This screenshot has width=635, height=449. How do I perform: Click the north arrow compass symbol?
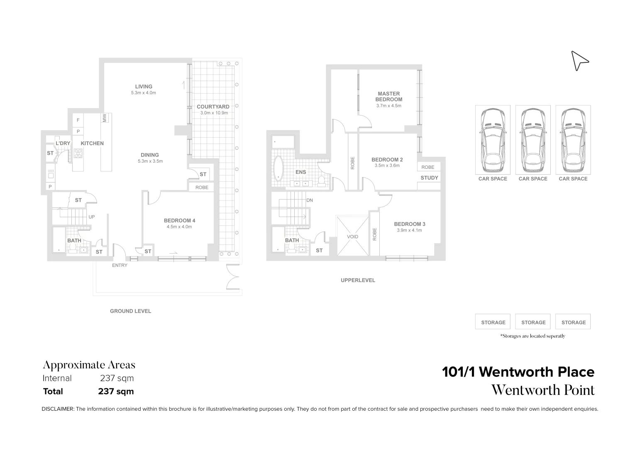pyautogui.click(x=579, y=61)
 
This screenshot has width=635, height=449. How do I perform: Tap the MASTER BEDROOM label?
pyautogui.click(x=388, y=96)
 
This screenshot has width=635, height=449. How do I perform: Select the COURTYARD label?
pyautogui.click(x=213, y=107)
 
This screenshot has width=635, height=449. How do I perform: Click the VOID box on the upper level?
pyautogui.click(x=352, y=237)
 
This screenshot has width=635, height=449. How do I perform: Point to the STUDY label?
pyautogui.click(x=429, y=178)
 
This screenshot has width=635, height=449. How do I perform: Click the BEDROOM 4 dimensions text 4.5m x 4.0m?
pyautogui.click(x=179, y=227)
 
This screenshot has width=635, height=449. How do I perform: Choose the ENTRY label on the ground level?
pyautogui.click(x=120, y=265)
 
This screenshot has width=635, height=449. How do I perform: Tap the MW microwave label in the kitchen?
pyautogui.click(x=105, y=118)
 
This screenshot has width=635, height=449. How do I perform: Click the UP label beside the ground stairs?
pyautogui.click(x=92, y=217)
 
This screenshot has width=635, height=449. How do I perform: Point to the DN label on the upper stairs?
pyautogui.click(x=309, y=200)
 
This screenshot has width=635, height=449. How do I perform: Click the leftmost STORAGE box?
pyautogui.click(x=493, y=322)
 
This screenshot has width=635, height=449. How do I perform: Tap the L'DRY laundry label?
pyautogui.click(x=63, y=143)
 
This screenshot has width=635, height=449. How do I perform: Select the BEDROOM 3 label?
pyautogui.click(x=409, y=224)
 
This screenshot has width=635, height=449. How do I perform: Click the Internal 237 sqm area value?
pyautogui.click(x=117, y=378)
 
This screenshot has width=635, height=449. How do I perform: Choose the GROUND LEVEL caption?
pyautogui.click(x=130, y=311)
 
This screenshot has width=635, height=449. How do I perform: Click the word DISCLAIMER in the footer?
pyautogui.click(x=58, y=409)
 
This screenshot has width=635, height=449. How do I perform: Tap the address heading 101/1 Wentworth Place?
pyautogui.click(x=518, y=372)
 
